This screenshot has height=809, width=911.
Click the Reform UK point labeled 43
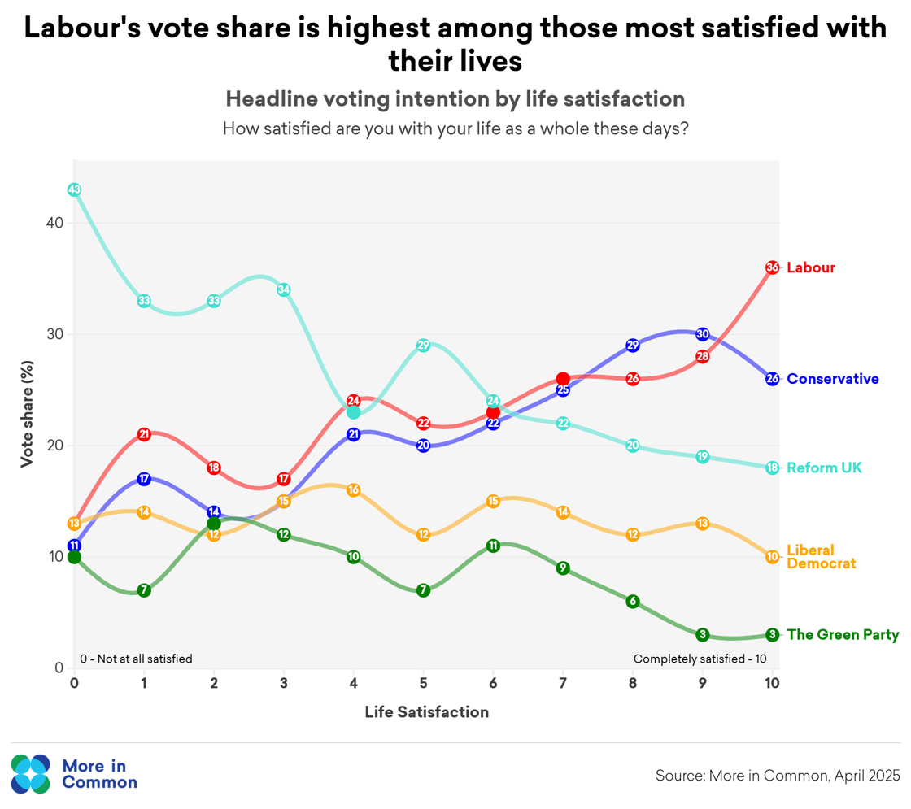pyautogui.click(x=74, y=189)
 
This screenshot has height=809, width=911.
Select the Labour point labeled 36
pyautogui.click(x=773, y=267)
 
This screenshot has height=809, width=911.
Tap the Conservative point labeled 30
pyautogui.click(x=703, y=334)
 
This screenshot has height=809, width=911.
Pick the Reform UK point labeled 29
pyautogui.click(x=423, y=346)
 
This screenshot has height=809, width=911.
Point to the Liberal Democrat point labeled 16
pyautogui.click(x=353, y=490)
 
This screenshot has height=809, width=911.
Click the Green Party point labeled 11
pyautogui.click(x=493, y=546)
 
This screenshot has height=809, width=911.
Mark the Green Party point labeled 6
pyautogui.click(x=633, y=602)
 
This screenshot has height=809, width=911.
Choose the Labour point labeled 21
pyautogui.click(x=144, y=434)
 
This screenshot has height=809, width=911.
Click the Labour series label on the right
pyautogui.click(x=811, y=267)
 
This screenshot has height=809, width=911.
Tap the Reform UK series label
pyautogui.click(x=825, y=468)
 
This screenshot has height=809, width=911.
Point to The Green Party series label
pyautogui.click(x=843, y=635)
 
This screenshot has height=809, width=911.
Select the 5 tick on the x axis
pyautogui.click(x=423, y=684)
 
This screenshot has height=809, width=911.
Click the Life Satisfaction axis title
pyautogui.click(x=426, y=712)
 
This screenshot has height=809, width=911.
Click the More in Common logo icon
pyautogui.click(x=31, y=773)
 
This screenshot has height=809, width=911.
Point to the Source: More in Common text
pyautogui.click(x=778, y=775)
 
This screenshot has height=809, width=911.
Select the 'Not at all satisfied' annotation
pyautogui.click(x=136, y=659)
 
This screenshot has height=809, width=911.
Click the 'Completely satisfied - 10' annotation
pyautogui.click(x=700, y=659)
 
